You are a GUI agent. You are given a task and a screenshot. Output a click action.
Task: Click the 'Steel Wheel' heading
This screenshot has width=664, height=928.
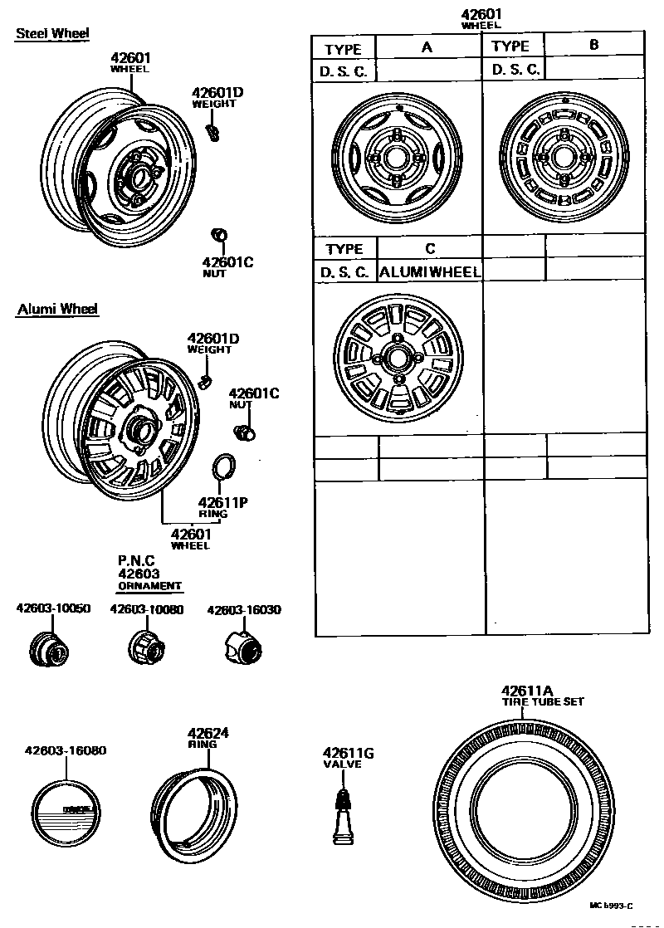[x=52, y=33]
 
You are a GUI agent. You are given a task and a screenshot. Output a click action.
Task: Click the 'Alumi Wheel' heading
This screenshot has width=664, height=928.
[x=57, y=310]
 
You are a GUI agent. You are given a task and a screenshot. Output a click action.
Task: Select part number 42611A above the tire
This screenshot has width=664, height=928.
[x=526, y=691]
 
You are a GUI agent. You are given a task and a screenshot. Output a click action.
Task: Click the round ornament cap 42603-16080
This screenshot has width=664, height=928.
[x=65, y=813]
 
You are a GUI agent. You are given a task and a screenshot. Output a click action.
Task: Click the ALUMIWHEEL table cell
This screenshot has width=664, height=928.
[x=430, y=271]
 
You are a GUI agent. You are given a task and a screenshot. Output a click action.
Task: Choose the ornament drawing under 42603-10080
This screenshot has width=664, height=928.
[x=145, y=646]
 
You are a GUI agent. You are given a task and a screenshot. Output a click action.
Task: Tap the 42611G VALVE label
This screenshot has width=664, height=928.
[x=348, y=757]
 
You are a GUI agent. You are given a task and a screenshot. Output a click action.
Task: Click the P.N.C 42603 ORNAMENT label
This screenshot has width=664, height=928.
[x=149, y=573]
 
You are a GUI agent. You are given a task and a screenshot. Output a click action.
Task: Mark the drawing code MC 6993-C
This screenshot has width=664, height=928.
[x=611, y=905]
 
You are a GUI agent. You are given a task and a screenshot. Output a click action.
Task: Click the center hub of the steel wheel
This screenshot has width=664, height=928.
[x=136, y=177]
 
